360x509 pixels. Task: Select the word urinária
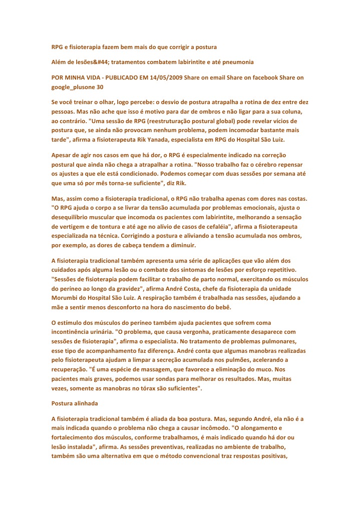pyautogui.click(x=96, y=331)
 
